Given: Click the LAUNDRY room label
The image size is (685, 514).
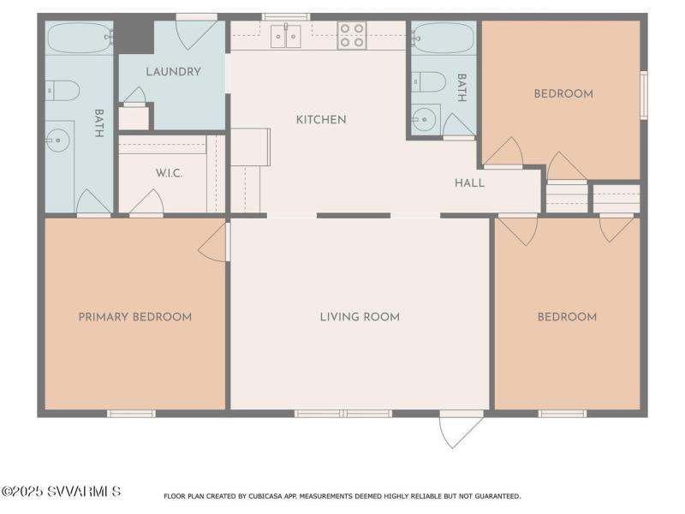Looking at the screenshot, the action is click(x=174, y=72).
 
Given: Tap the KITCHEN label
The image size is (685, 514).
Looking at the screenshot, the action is click(x=321, y=120).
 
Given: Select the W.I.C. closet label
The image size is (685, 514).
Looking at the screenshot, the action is click(x=169, y=174).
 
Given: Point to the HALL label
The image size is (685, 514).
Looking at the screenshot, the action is click(x=469, y=183).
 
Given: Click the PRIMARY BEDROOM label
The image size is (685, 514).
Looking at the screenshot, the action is click(x=135, y=317).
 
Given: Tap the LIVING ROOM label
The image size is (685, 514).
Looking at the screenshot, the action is click(x=360, y=317).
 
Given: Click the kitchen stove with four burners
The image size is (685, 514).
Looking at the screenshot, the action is click(x=352, y=35).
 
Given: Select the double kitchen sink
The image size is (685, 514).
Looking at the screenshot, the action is click(x=286, y=36).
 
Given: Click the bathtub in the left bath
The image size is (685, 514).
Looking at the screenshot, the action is click(x=80, y=38).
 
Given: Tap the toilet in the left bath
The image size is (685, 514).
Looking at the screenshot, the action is click(x=63, y=91).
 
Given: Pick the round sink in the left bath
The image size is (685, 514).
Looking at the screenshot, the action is click(x=57, y=140).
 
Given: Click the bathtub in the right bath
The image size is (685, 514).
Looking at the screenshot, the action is click(x=443, y=38).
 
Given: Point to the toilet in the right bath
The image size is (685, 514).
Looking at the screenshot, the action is click(x=429, y=81).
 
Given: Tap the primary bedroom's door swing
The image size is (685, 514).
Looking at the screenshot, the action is click(x=212, y=243).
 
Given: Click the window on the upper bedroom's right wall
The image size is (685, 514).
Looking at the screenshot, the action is click(x=644, y=95).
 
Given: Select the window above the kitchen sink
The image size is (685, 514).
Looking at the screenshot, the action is click(x=286, y=17).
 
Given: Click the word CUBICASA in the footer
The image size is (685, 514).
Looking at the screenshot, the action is click(x=266, y=496).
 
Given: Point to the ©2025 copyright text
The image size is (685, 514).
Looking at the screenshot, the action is click(x=22, y=491).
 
